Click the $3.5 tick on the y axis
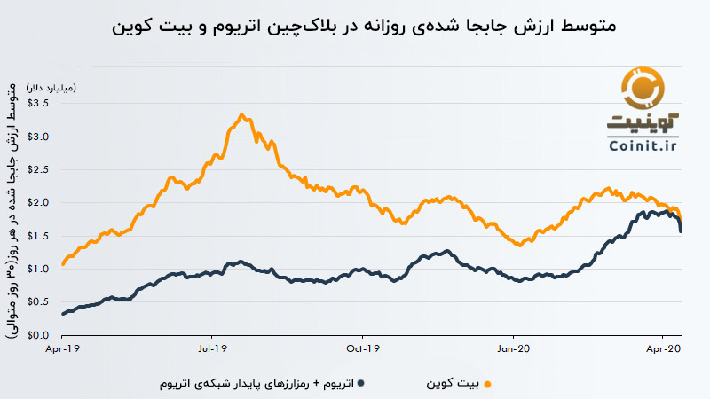tap(40, 103)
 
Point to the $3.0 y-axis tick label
tap(40, 137)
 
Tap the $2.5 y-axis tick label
tap(40, 169)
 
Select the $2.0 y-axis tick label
tap(40, 202)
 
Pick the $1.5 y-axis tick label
tap(40, 236)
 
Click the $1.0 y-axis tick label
tap(40, 269)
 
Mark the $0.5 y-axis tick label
tap(40, 301)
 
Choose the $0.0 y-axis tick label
tap(40, 335)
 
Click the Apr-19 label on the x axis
tap(62, 348)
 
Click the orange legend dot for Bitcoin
tap(486, 385)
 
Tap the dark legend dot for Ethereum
tap(366, 384)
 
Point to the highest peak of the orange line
tap(241, 115)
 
